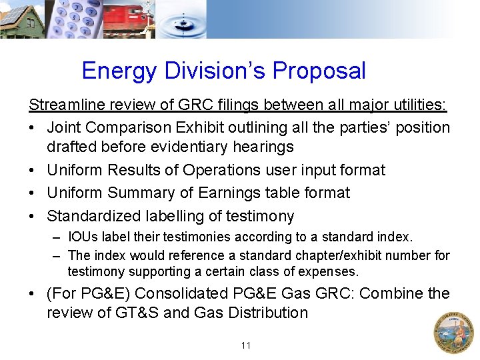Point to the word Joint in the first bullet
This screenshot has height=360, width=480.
click(x=65, y=127)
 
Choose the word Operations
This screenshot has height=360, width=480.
click(x=224, y=170)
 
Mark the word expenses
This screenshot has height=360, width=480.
click(x=329, y=271)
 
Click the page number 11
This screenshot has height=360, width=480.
click(x=246, y=345)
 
